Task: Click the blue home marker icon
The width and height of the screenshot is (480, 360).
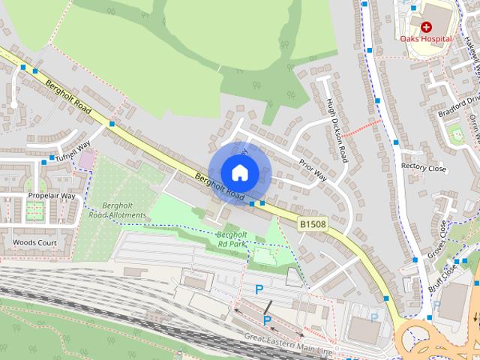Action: point(239,172)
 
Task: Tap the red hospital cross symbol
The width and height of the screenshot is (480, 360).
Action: point(426,26)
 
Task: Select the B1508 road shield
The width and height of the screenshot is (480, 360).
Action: point(311,223)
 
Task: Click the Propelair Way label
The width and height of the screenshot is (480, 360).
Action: point(52,196)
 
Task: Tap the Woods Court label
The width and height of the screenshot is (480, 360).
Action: point(34,242)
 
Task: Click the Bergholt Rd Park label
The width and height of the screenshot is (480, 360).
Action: point(232,239)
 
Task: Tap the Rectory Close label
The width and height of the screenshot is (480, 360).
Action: point(424,168)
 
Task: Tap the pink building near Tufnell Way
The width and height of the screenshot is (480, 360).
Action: point(88,160)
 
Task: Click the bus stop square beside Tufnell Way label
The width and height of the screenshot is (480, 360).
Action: point(52,158)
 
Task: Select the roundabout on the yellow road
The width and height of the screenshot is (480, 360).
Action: point(427,341)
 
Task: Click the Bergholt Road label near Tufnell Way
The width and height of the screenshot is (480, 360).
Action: point(68,98)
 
